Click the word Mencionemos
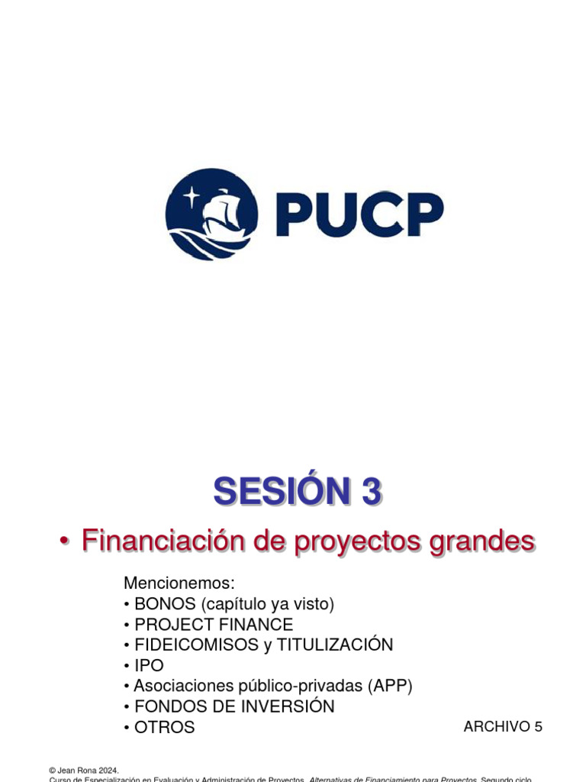click(x=179, y=583)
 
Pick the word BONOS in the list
click(x=165, y=604)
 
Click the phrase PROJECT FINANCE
click(x=214, y=625)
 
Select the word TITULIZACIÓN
click(x=335, y=645)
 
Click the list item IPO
click(x=149, y=665)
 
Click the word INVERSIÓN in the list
click(x=287, y=706)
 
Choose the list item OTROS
click(x=164, y=727)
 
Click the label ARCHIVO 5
click(x=503, y=726)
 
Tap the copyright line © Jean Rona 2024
click(x=84, y=771)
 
